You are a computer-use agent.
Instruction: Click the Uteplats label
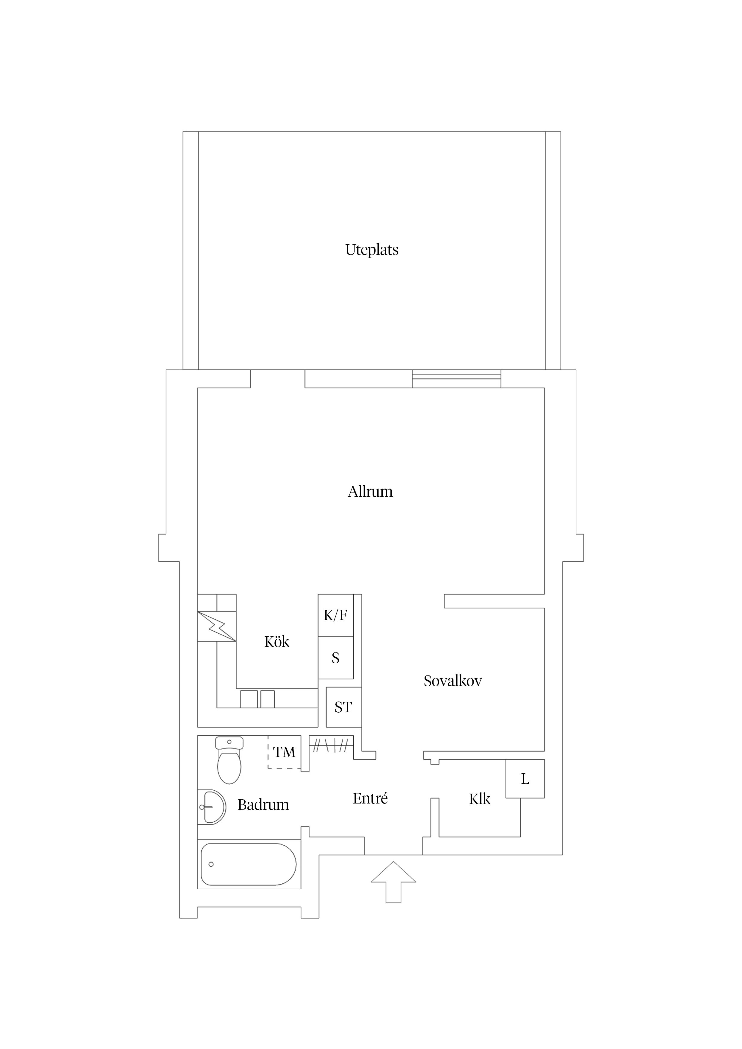click(x=371, y=250)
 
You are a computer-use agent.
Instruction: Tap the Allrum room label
click(x=370, y=492)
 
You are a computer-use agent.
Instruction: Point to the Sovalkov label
click(x=453, y=681)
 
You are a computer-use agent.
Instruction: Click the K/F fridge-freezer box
click(x=336, y=615)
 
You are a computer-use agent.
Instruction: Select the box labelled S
click(x=336, y=658)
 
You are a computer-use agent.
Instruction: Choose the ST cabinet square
click(x=343, y=707)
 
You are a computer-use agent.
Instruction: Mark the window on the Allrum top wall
click(x=456, y=379)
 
